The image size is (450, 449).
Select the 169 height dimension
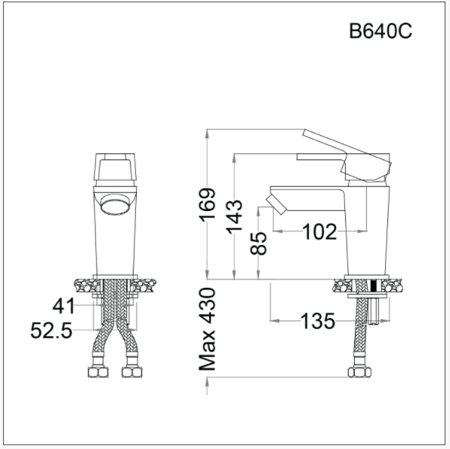pyautogui.click(x=208, y=205)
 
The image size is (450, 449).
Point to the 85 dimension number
pyautogui.click(x=259, y=243)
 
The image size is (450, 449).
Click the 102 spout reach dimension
pyautogui.click(x=319, y=232)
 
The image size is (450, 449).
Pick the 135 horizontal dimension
pyautogui.click(x=317, y=321)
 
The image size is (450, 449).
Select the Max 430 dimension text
pyautogui.click(x=208, y=329)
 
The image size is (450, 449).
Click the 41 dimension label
pyautogui.click(x=63, y=306)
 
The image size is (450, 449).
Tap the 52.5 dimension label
pyautogui.click(x=52, y=330)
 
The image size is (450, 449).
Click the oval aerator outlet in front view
pyautogui.click(x=115, y=205)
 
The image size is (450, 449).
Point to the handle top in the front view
pyautogui.click(x=115, y=167)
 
